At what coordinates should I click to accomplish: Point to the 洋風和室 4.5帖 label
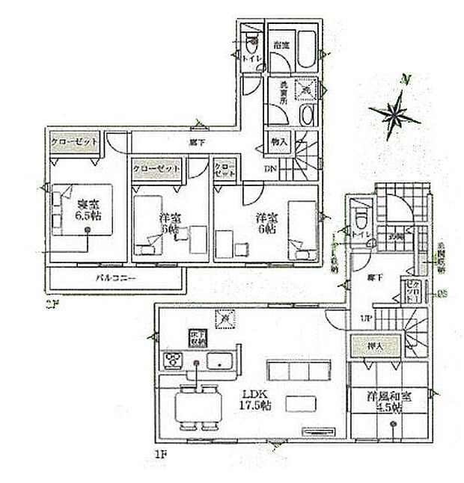tap(384, 402)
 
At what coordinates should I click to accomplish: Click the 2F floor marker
tap(51, 304)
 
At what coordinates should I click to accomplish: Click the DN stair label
tap(269, 169)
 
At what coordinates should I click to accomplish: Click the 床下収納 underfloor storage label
tap(197, 338)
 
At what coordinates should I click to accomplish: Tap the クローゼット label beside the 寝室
tap(73, 141)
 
